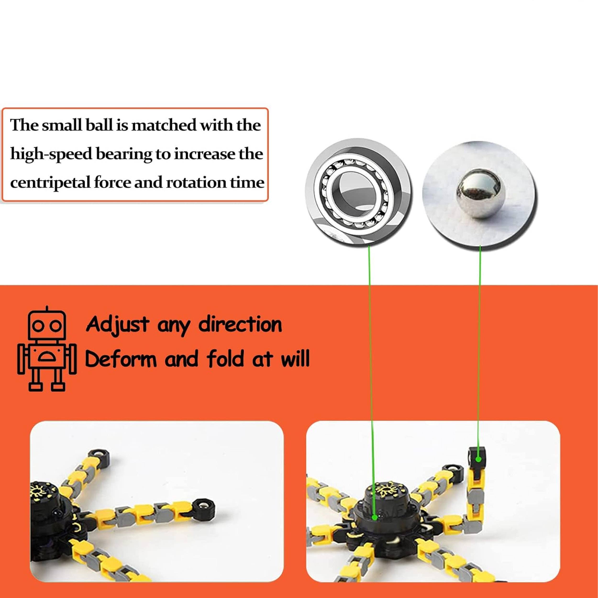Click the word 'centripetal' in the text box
[50, 183]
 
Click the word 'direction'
[240, 325]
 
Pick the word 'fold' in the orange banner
[227, 358]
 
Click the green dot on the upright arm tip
[479, 459]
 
